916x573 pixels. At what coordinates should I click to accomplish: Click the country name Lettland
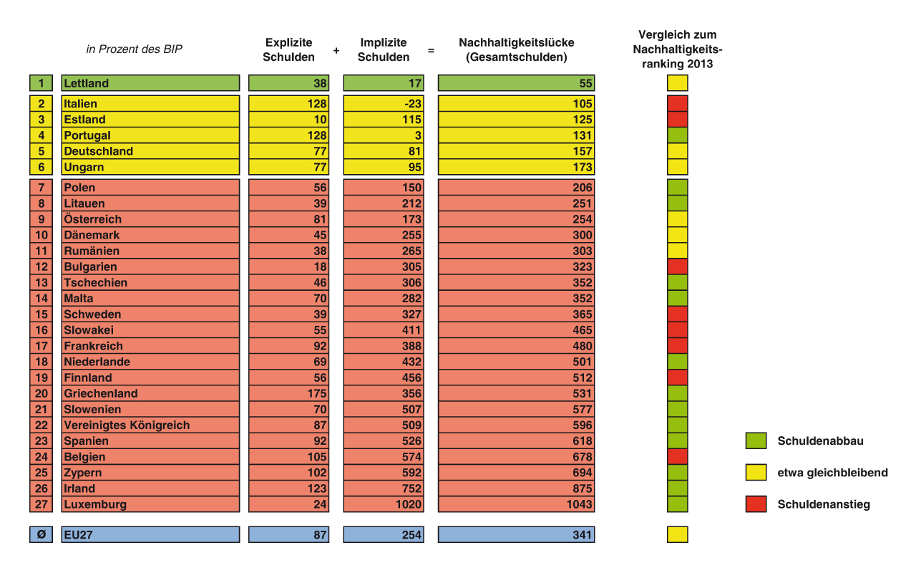click(87, 83)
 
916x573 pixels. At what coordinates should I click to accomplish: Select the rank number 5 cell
click(42, 151)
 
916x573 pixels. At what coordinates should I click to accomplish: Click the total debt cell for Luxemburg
click(580, 504)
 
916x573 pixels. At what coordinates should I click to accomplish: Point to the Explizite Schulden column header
click(289, 49)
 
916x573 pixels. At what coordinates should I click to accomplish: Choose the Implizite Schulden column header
click(384, 49)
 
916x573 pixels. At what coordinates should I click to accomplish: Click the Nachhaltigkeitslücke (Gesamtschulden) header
click(516, 49)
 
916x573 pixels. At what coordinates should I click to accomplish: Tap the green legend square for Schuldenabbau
click(756, 440)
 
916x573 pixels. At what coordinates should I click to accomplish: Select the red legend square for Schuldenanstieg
click(756, 504)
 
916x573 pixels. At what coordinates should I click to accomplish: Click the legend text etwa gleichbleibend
click(832, 473)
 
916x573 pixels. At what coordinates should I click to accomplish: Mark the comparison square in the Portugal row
click(678, 135)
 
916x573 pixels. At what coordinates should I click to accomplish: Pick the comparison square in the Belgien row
click(678, 457)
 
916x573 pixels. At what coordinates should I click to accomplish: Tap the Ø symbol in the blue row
click(42, 534)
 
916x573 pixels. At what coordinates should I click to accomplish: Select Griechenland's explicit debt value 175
click(316, 393)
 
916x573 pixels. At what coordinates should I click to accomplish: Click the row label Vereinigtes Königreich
click(127, 425)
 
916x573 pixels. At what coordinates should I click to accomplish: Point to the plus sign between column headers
click(336, 51)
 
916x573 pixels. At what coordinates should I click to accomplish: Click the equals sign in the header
click(431, 51)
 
